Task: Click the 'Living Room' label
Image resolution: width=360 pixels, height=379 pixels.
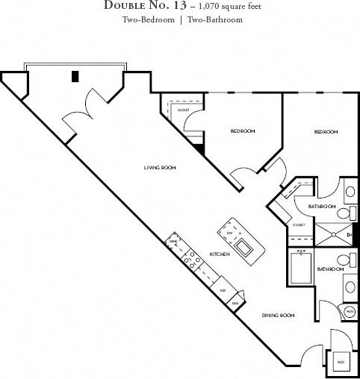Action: point(160,168)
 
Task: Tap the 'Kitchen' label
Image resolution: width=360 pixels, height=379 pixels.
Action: point(218,254)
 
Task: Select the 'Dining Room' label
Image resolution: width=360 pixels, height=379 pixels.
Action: point(277,316)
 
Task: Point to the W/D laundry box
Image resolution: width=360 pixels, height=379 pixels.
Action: point(341,362)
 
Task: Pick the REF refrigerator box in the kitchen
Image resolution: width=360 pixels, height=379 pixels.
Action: point(223,289)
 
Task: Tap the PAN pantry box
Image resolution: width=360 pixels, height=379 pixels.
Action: point(235,303)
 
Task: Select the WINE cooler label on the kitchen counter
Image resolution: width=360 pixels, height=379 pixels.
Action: point(173,242)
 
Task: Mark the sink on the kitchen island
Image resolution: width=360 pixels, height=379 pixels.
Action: point(243,248)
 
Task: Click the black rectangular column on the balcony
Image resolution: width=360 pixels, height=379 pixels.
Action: point(75,75)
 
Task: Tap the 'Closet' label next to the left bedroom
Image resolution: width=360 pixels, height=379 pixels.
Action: point(183,110)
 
